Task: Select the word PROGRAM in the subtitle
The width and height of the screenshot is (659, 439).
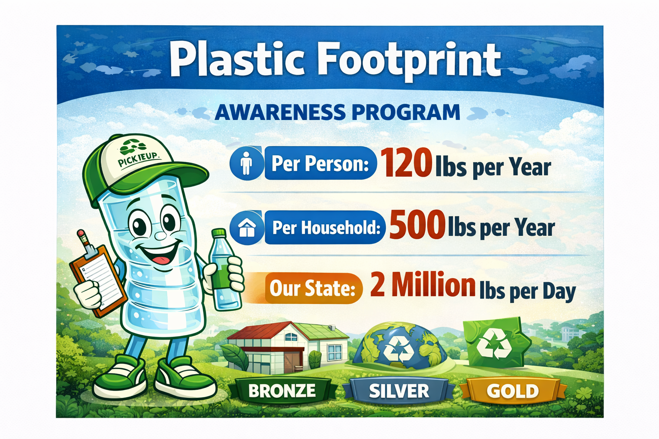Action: (x=406, y=112)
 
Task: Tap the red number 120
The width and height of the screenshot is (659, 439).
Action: (x=406, y=163)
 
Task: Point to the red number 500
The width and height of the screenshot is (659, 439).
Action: (x=417, y=225)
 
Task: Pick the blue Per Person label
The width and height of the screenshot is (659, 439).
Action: (x=320, y=163)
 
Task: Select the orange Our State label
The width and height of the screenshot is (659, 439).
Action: (x=312, y=288)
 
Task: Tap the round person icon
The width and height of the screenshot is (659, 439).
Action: (x=246, y=163)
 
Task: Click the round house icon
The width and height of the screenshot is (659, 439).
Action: (x=247, y=227)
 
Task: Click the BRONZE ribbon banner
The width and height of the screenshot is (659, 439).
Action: (x=282, y=391)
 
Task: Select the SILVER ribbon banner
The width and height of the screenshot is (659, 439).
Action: (x=399, y=391)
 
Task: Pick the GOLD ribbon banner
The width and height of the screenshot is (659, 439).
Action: (x=513, y=391)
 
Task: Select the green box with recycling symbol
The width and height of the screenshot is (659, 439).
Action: (x=496, y=343)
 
